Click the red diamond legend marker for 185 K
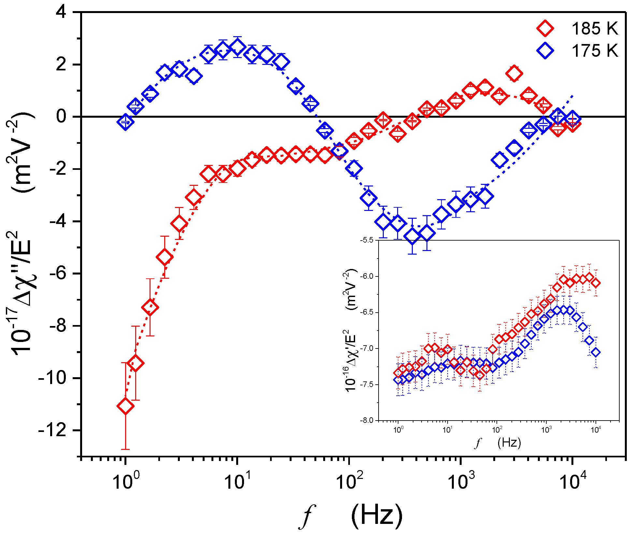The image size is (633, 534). point(545,28)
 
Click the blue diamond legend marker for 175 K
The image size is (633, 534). point(545,51)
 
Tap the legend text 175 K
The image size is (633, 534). point(595,51)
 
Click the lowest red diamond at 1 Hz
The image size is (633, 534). point(126,406)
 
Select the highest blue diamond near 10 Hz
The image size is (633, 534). point(237,47)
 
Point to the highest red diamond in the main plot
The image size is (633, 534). point(514,73)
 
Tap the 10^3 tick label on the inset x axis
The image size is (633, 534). point(546,429)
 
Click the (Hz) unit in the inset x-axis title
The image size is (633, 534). point(509,442)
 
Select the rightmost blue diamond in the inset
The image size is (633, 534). point(596,352)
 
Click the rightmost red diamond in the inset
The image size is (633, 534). point(596,283)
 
